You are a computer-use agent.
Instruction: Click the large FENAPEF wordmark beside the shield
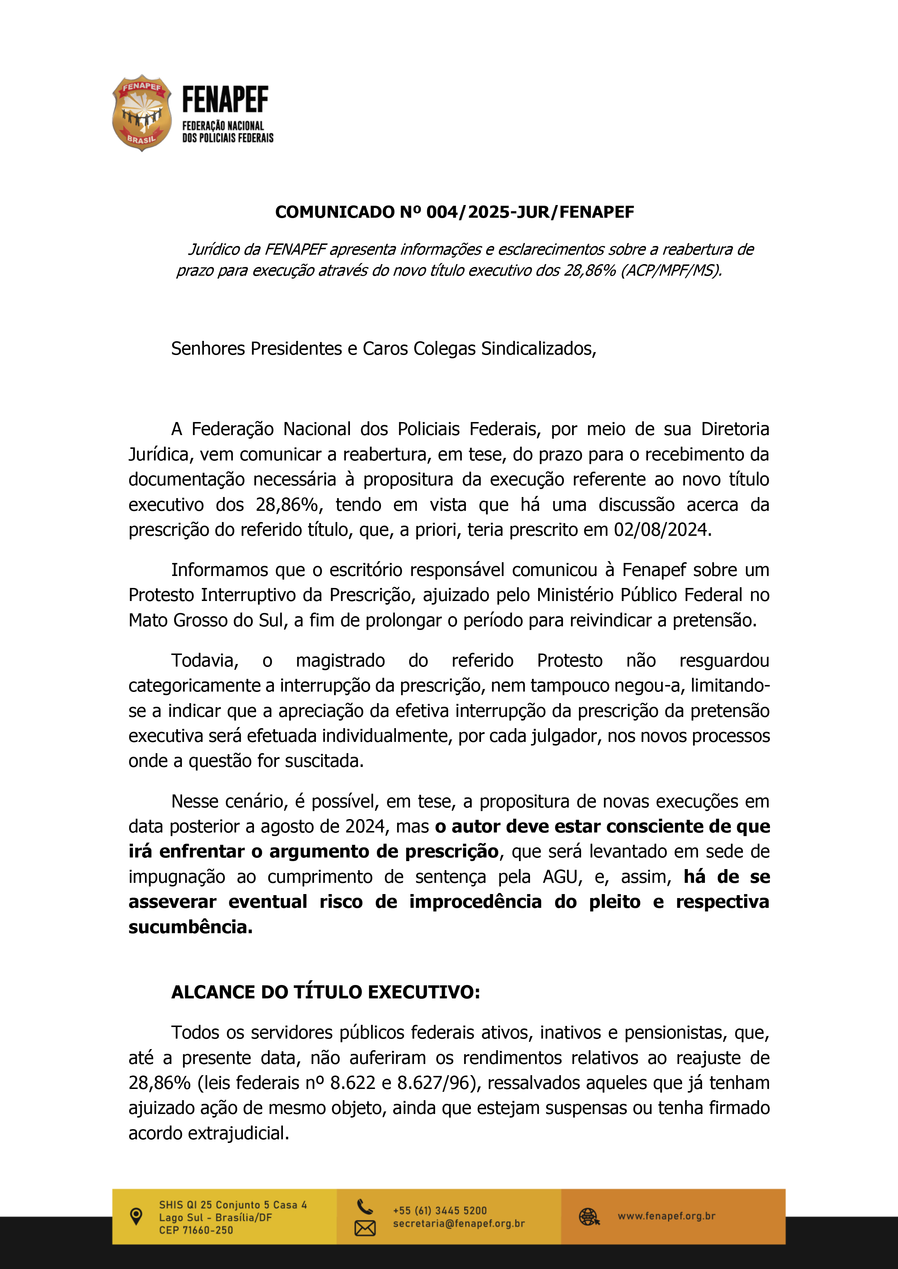(x=225, y=100)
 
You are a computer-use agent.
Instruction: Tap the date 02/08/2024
(x=661, y=530)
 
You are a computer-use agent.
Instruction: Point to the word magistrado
(x=340, y=660)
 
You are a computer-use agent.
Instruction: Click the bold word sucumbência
(x=190, y=927)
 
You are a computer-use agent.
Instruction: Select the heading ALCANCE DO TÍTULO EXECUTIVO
(x=325, y=993)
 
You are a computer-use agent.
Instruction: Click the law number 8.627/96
(x=437, y=1083)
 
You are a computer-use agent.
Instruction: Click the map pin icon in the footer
(x=135, y=1216)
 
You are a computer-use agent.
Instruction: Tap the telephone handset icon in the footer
(x=365, y=1206)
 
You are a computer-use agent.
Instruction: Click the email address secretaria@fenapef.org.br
(x=458, y=1224)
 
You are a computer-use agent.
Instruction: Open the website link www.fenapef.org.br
(x=666, y=1216)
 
